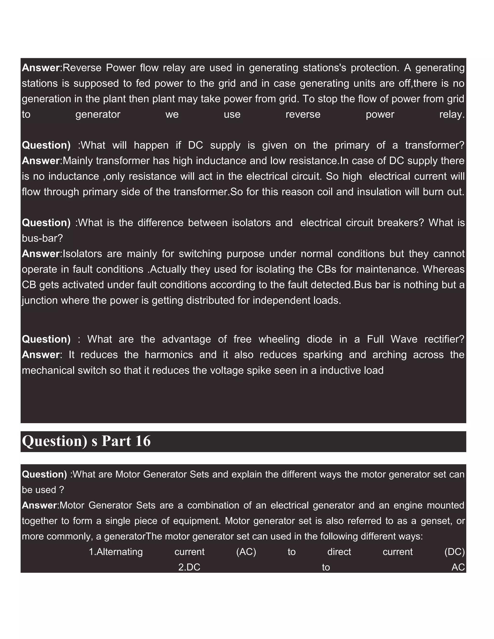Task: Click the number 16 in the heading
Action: coord(143,441)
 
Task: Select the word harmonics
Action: coord(169,355)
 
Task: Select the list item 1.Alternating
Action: coord(116,552)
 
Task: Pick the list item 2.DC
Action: coord(189,567)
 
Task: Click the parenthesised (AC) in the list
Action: coord(246,552)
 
